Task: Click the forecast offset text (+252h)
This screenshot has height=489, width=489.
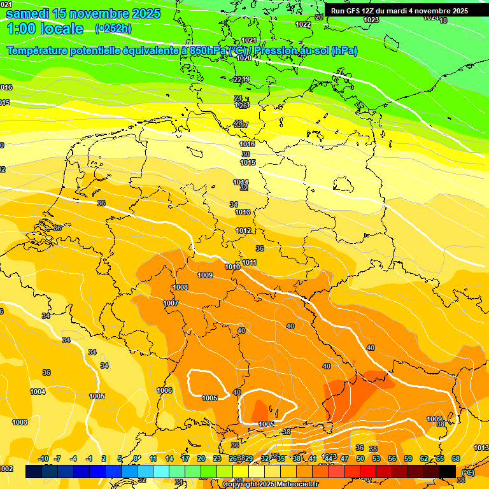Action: point(113,29)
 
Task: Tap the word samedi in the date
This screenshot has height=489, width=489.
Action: point(29,13)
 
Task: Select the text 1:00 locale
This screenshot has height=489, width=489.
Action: point(45,29)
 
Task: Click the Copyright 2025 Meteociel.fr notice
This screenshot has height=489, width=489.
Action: point(270,484)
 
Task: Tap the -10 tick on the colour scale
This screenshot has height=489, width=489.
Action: point(43,458)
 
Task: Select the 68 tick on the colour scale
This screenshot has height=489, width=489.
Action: point(456,458)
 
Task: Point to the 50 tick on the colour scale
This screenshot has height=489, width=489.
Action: point(360,458)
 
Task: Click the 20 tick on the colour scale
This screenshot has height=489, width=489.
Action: point(201,458)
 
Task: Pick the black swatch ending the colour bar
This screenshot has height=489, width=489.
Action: point(448,471)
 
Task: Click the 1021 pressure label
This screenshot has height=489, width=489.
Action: point(249,40)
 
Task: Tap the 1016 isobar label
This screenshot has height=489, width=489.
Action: point(247,145)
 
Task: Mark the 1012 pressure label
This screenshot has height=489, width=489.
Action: point(243,230)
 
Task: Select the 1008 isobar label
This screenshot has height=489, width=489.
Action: point(180,287)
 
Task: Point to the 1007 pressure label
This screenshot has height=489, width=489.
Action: point(171,303)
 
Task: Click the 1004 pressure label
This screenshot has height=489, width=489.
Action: point(38,392)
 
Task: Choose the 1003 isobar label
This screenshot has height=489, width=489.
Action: point(20,422)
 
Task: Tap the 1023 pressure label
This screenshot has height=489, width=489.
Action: point(371,20)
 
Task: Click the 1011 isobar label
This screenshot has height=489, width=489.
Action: point(249,262)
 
